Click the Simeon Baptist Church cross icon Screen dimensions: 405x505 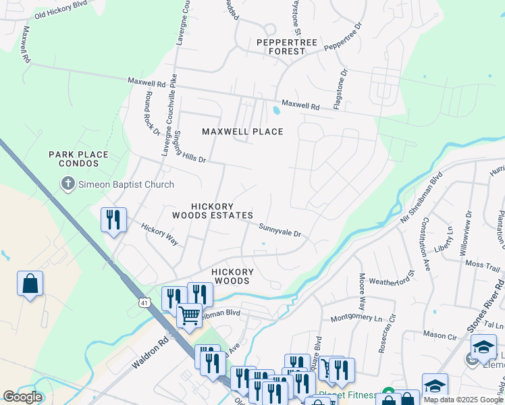68,184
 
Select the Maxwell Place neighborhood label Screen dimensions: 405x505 243,131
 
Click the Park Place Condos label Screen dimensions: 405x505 78,159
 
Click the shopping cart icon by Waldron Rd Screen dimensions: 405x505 189,314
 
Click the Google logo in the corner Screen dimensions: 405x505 22,397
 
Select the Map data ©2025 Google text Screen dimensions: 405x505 462,400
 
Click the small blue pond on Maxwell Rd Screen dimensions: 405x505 277,110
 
